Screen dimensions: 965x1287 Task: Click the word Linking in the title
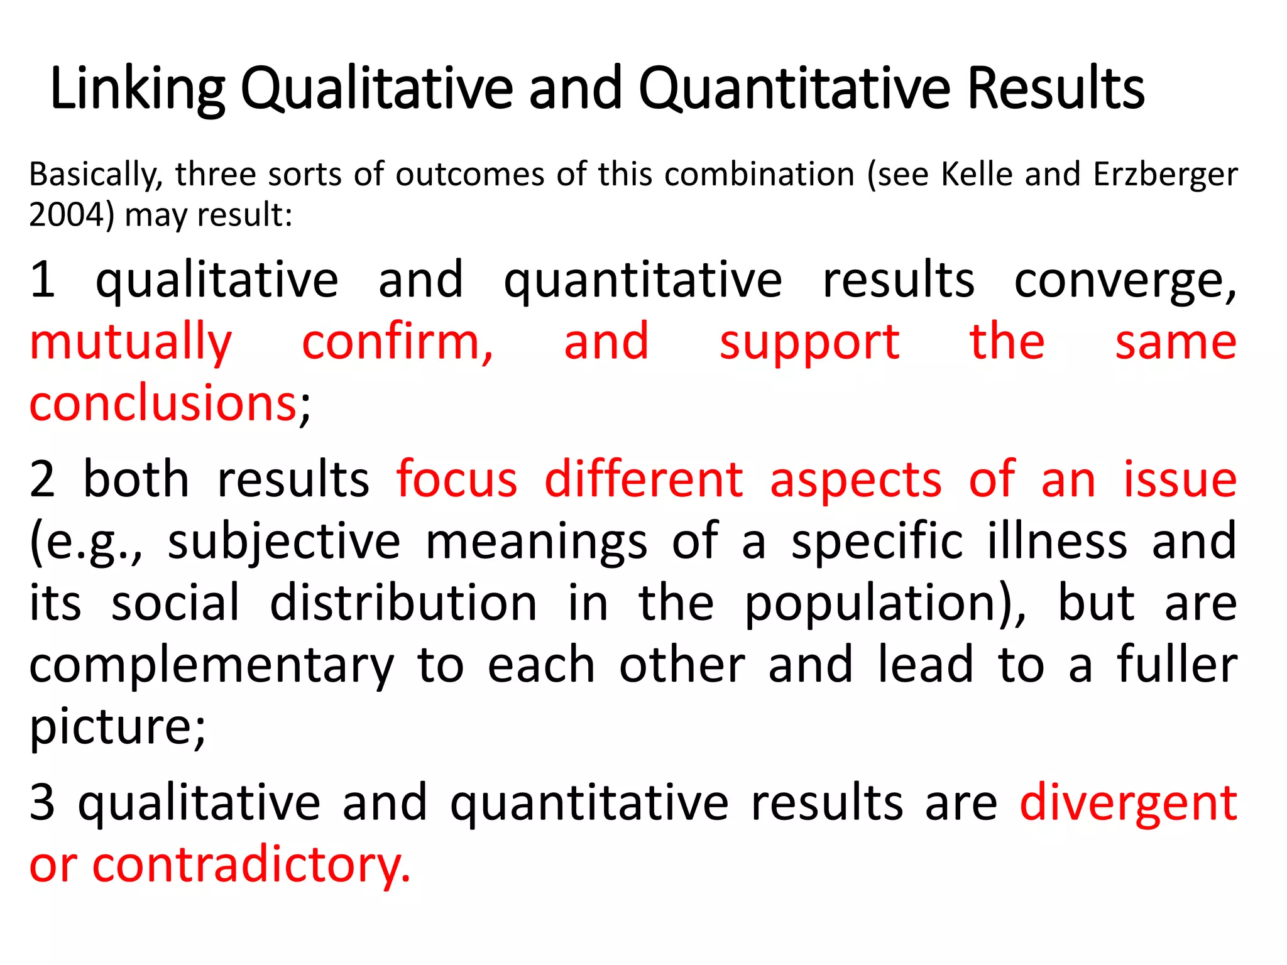click(x=137, y=89)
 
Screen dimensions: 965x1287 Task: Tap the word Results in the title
click(x=1056, y=89)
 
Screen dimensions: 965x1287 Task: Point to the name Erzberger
click(x=1165, y=175)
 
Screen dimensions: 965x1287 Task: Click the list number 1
click(x=43, y=280)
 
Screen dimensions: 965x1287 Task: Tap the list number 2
click(x=43, y=479)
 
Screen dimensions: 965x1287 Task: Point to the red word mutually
click(x=131, y=342)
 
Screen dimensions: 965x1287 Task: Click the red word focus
click(x=457, y=479)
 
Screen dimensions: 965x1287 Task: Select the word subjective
click(x=284, y=542)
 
